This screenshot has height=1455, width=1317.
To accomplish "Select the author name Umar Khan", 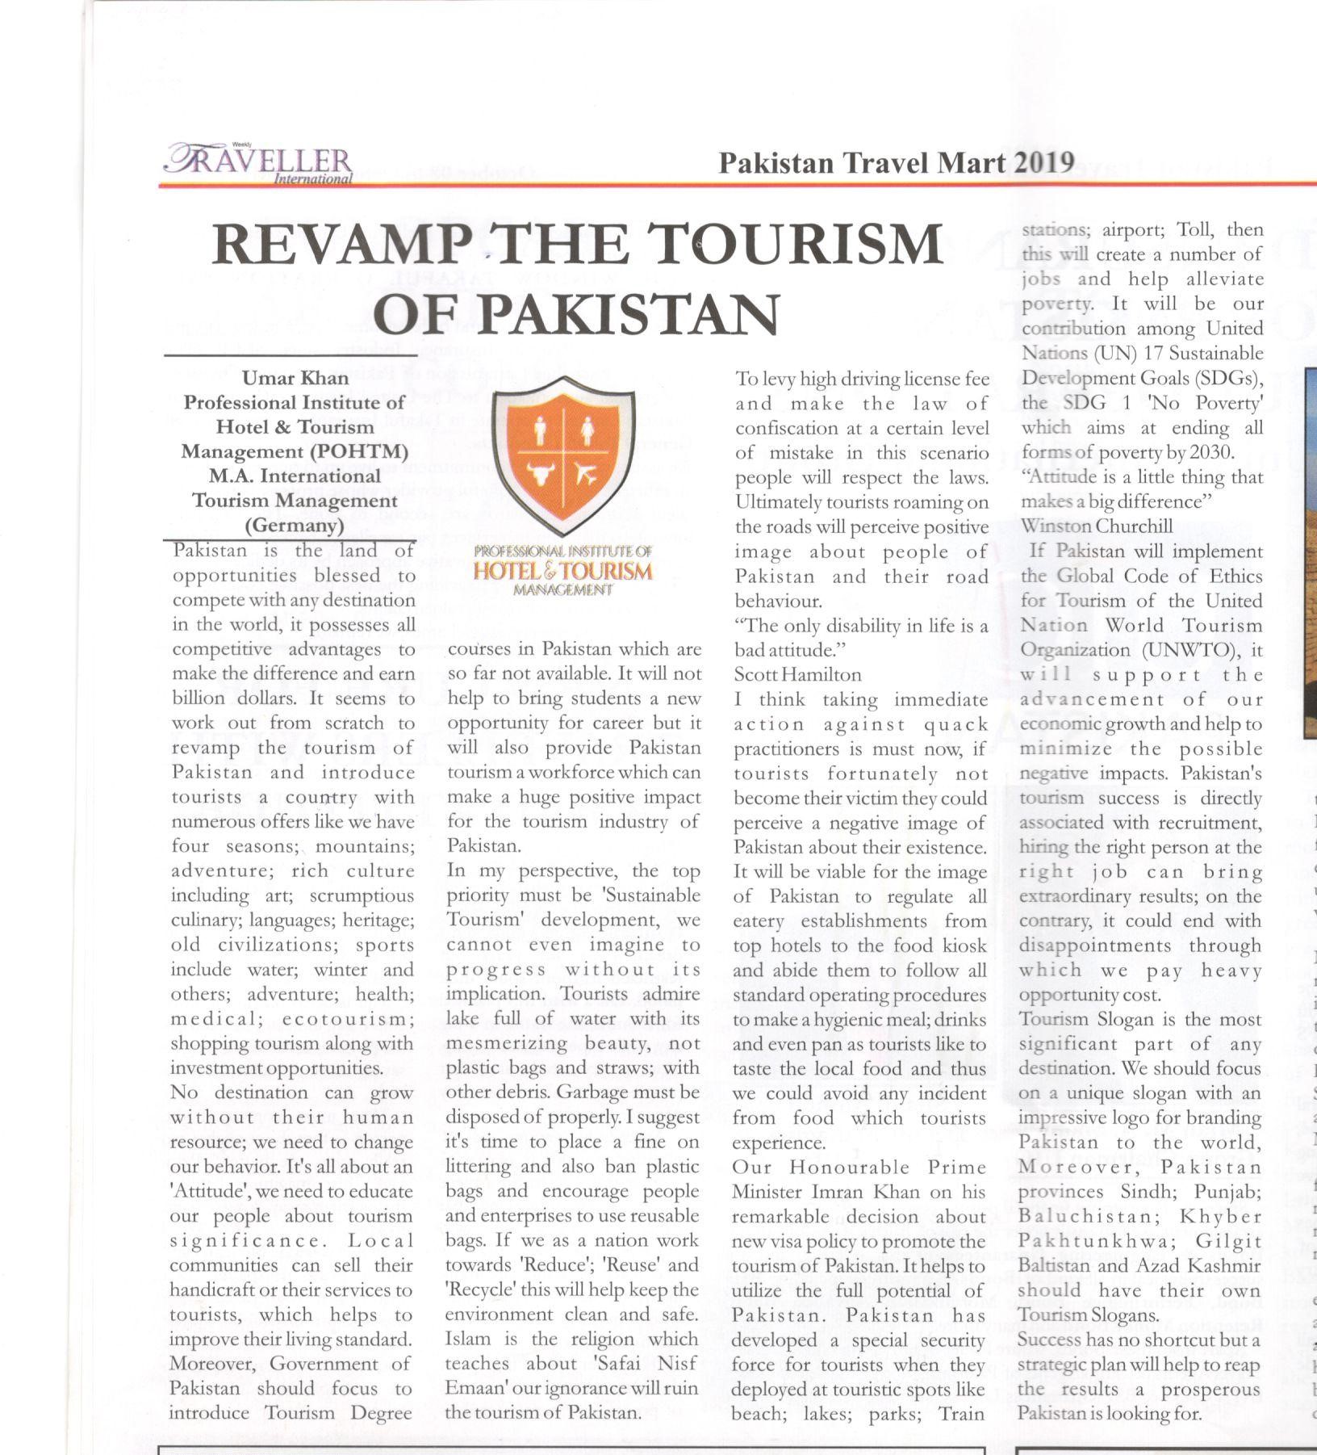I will [295, 378].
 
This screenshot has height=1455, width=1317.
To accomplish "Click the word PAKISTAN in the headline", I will [633, 313].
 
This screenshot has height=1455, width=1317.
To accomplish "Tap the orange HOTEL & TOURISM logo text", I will [562, 572].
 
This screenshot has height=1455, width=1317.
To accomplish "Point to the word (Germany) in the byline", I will [295, 526].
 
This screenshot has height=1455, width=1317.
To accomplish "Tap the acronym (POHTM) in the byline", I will [362, 451].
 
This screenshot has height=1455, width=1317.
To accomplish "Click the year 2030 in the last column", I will [1210, 452].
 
